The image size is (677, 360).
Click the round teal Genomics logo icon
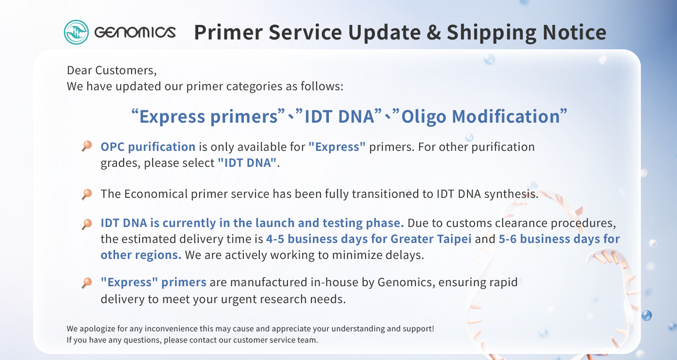(76, 32)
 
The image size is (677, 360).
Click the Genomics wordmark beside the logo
(135, 32)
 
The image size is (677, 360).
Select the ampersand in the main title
(434, 32)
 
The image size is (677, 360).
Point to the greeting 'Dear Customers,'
(112, 70)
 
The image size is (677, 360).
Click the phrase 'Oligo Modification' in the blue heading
(481, 117)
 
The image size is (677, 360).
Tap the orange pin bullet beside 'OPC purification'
(87, 146)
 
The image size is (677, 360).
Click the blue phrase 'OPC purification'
(148, 147)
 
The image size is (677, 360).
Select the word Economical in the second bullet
(156, 194)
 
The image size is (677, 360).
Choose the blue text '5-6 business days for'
(559, 239)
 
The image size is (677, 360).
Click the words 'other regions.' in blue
(141, 255)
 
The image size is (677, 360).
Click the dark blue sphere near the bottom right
(646, 315)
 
